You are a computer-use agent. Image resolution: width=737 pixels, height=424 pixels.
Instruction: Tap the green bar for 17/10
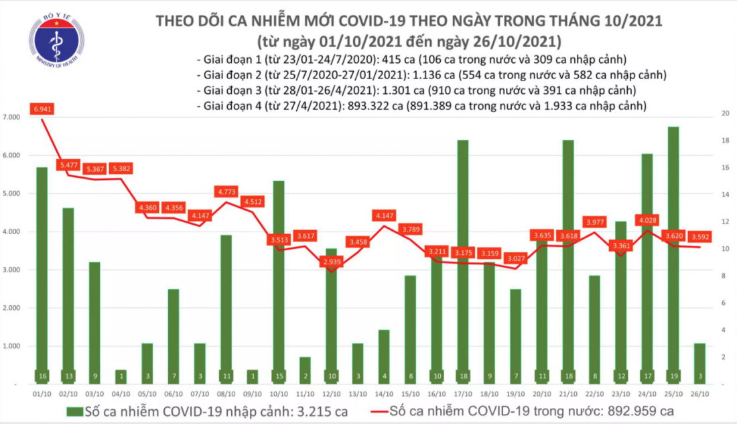click(x=462, y=262)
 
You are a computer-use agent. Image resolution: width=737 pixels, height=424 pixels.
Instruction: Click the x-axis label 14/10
click(x=384, y=394)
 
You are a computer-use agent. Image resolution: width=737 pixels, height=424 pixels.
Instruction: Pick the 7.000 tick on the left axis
click(x=12, y=117)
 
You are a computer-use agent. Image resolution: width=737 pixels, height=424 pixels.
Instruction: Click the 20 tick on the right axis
click(x=723, y=113)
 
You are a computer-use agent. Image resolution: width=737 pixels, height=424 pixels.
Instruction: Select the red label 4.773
click(x=227, y=192)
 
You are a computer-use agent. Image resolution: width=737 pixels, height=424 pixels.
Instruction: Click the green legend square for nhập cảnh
click(x=74, y=411)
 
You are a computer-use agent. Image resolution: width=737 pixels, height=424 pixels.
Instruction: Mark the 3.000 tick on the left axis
click(x=12, y=270)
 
